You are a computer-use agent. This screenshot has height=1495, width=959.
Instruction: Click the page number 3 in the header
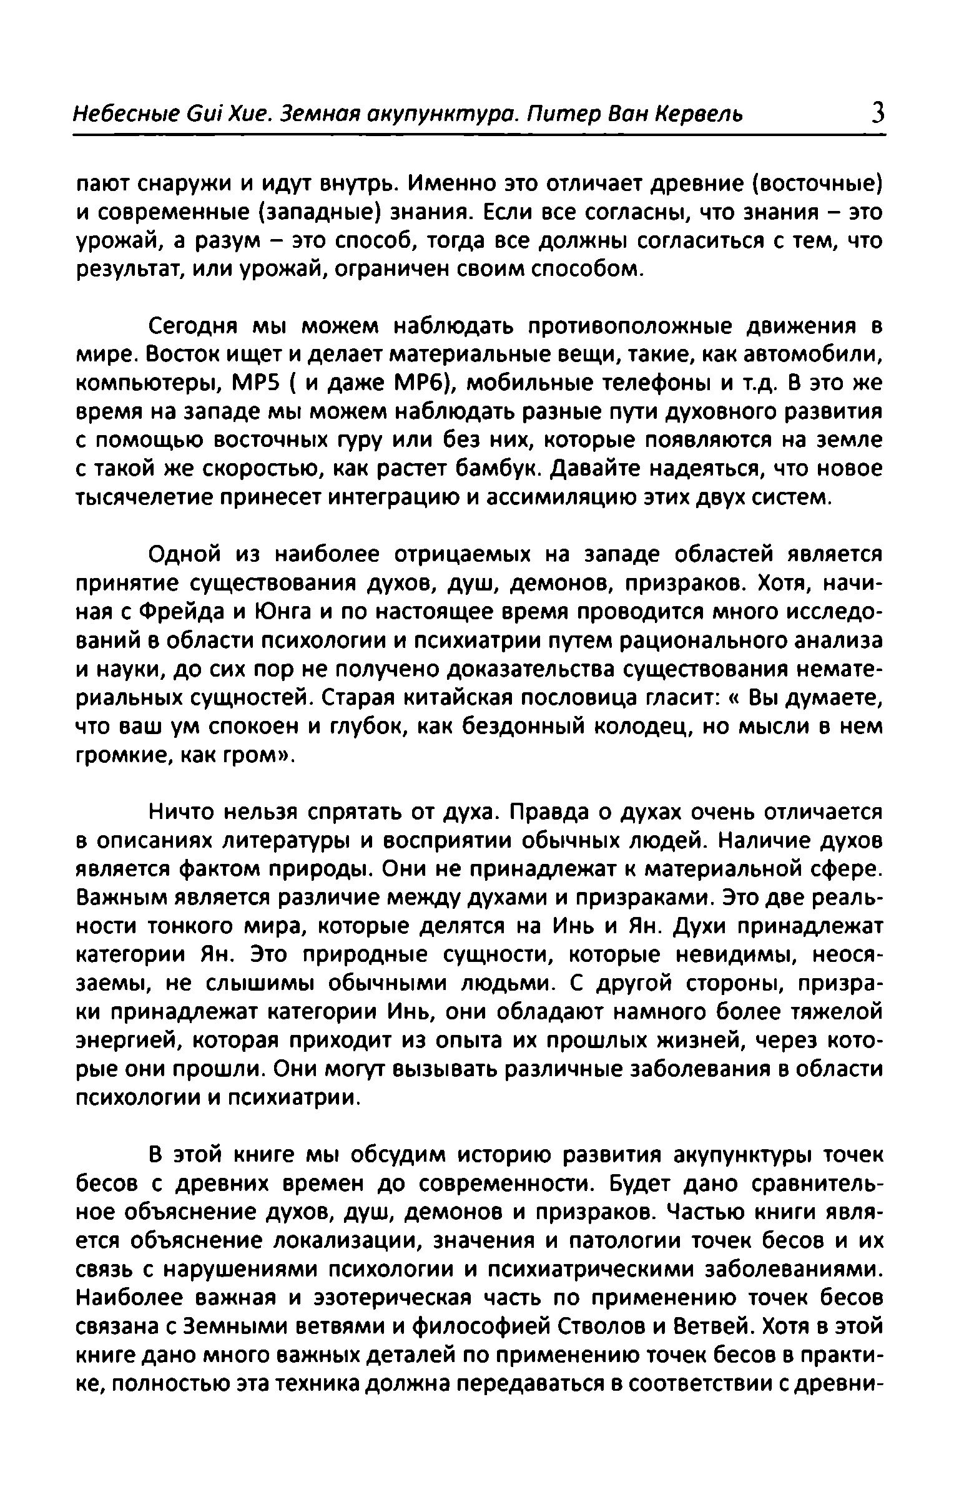click(x=877, y=114)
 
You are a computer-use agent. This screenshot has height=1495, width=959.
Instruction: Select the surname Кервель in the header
click(x=698, y=115)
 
